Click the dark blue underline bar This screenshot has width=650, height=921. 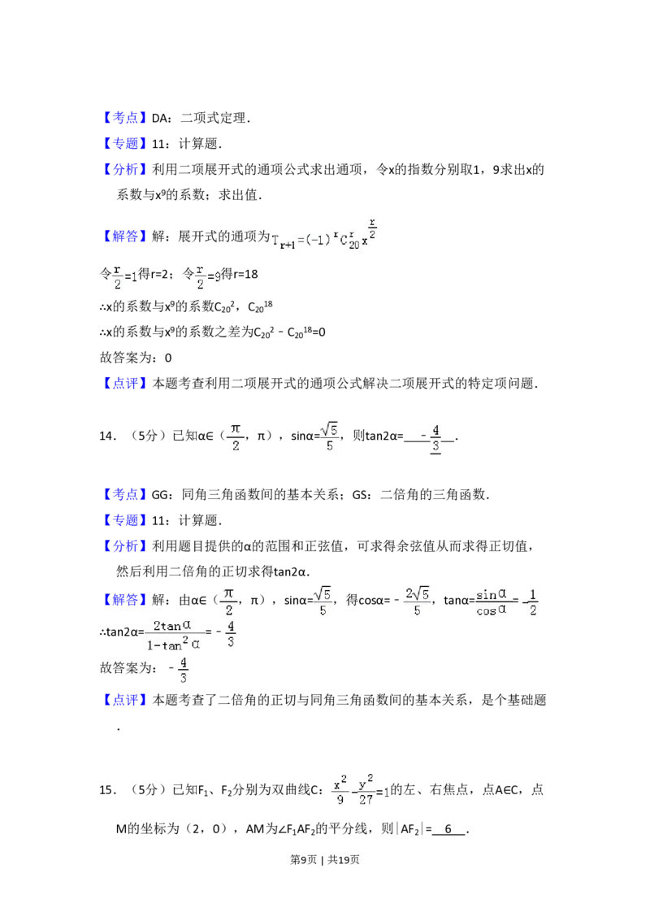point(162,127)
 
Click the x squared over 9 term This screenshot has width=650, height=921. point(341,790)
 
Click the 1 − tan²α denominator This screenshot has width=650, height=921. point(175,645)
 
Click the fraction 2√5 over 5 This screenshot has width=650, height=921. point(418,602)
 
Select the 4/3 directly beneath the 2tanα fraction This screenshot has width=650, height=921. point(184,672)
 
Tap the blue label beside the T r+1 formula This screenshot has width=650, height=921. point(126,237)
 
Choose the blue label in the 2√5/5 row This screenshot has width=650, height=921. point(126,601)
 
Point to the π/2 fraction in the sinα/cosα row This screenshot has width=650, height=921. point(228,602)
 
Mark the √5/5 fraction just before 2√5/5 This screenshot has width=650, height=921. point(324,602)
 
